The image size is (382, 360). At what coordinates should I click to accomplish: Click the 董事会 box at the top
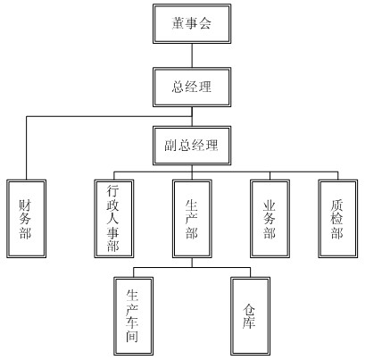coord(192,23)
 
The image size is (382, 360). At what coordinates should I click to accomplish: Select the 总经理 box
coord(192,87)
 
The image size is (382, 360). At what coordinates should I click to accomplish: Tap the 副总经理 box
coord(192,146)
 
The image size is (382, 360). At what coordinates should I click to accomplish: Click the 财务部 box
coord(26,219)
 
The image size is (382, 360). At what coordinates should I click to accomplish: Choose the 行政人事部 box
coord(114,219)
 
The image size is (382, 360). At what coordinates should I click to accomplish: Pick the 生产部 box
coord(192,219)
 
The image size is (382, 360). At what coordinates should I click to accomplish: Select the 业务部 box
coord(270,219)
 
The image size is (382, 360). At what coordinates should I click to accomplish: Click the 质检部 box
coord(338,219)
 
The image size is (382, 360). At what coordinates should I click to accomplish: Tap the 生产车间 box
coord(133,316)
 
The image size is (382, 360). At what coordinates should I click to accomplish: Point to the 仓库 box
coord(250,316)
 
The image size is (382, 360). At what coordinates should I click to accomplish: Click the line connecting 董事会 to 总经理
coord(192,55)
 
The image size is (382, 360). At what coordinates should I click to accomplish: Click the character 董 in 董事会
coord(179,23)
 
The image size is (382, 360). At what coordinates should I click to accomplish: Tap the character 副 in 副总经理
coord(171,146)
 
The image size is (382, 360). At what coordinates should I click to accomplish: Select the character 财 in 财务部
coord(25,205)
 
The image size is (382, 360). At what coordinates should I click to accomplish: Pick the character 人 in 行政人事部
coord(113,219)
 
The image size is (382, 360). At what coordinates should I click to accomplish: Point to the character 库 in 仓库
coord(249,322)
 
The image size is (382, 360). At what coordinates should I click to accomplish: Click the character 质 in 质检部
coord(336,205)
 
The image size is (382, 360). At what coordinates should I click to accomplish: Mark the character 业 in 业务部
coord(269,205)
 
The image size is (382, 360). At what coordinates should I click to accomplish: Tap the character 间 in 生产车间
coord(132,337)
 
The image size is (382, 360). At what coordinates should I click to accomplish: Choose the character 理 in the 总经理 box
coord(205,87)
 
